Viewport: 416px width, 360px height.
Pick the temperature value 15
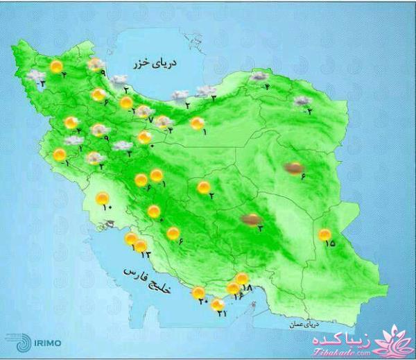329,243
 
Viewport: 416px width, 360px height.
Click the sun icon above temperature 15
324,234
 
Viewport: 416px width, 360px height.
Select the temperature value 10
106,207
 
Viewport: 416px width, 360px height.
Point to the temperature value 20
203,302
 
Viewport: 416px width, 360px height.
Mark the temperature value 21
222,314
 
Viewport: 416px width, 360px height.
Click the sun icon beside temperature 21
218,304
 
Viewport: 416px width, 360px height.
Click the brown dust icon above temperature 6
294,166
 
